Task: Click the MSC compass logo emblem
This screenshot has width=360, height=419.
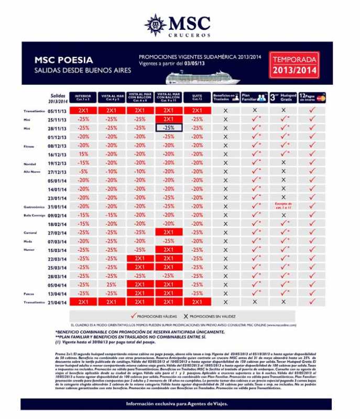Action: click(155, 24)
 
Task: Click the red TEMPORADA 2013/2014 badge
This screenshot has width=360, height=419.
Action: click(293, 65)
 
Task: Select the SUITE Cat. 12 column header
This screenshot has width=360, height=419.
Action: click(197, 98)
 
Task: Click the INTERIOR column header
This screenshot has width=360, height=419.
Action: click(83, 98)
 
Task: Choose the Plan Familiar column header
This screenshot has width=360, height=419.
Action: click(254, 98)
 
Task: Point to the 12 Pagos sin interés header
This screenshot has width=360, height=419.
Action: click(312, 98)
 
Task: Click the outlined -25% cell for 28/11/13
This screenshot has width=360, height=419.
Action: click(168, 128)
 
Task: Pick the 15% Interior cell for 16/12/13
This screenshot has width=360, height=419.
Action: click(83, 155)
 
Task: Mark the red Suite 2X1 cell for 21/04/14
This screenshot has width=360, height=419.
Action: click(197, 302)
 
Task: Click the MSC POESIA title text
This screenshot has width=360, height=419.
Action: click(64, 60)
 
